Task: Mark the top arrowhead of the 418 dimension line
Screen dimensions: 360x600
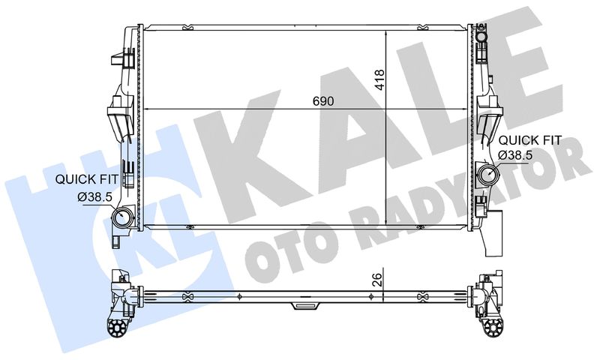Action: point(385,33)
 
